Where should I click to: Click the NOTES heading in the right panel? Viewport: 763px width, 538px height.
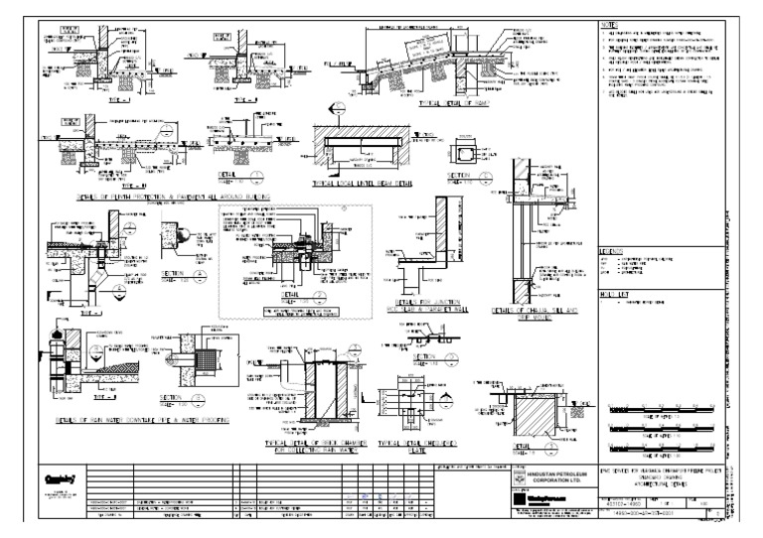click(608, 23)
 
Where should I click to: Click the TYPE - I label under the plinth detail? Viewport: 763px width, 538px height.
click(66, 99)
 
